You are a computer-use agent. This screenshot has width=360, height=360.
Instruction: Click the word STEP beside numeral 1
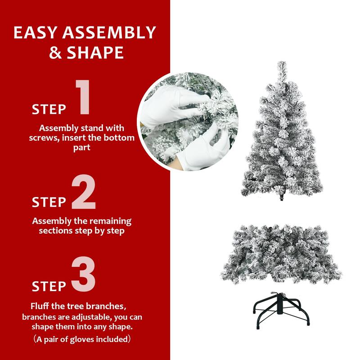point(49,109)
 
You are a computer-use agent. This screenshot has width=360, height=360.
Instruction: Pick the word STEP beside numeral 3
point(49,286)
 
